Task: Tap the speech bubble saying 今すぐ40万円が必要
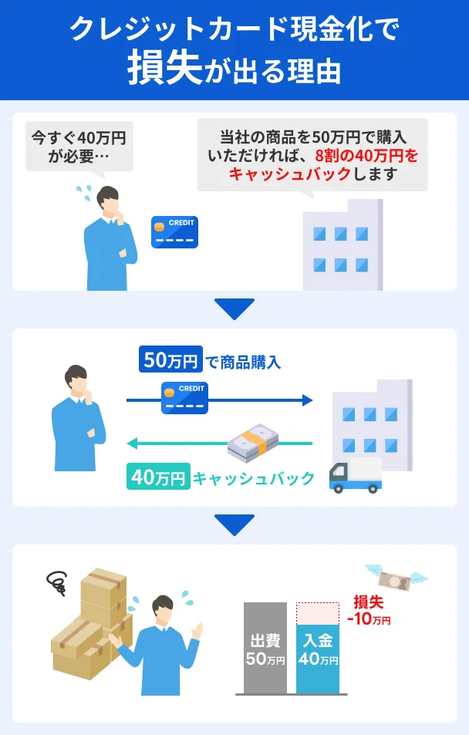(x=79, y=145)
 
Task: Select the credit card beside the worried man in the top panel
(x=174, y=232)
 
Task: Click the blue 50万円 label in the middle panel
(x=170, y=359)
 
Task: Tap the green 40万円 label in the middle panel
(x=157, y=478)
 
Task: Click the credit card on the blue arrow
(x=185, y=397)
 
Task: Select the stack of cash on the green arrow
(x=252, y=442)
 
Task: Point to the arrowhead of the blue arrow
(x=308, y=400)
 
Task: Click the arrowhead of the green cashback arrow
(x=132, y=443)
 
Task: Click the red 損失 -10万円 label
(x=369, y=610)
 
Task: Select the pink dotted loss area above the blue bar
(x=317, y=613)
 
